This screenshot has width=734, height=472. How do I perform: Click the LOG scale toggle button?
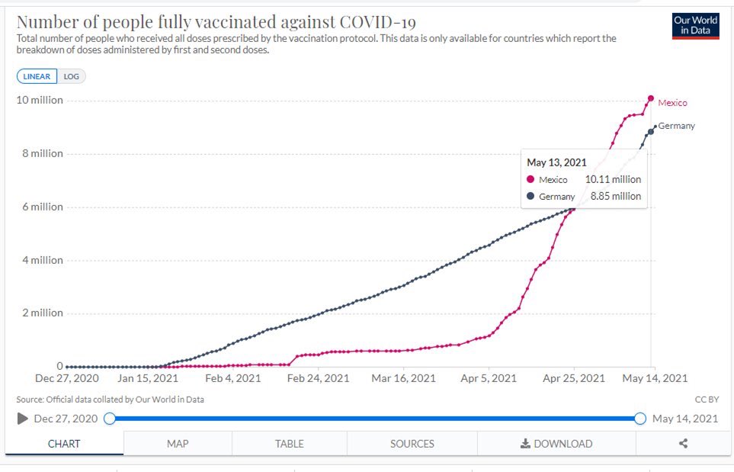71,76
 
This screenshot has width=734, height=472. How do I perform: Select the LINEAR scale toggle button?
37,76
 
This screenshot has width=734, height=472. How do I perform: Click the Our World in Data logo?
696,26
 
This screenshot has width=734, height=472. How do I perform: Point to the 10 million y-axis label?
40,100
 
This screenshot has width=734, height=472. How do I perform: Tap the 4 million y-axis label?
43,260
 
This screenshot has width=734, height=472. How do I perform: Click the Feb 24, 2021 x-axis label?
319,378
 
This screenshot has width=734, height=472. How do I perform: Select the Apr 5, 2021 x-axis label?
489,378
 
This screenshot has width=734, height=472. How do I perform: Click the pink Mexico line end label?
673,103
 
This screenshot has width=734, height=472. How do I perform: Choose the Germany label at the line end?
676,126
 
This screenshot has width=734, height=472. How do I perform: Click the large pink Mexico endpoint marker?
651,98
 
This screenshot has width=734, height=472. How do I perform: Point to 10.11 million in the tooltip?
614,179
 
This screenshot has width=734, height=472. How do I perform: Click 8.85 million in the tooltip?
616,196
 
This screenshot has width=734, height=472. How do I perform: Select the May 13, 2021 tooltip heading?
556,162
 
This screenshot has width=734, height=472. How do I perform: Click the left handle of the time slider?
110,419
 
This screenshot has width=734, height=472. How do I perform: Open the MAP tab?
178,444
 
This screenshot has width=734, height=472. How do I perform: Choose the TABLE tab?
290,444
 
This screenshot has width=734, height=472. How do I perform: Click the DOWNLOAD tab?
556,444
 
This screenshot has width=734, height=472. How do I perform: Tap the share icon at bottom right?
684,443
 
